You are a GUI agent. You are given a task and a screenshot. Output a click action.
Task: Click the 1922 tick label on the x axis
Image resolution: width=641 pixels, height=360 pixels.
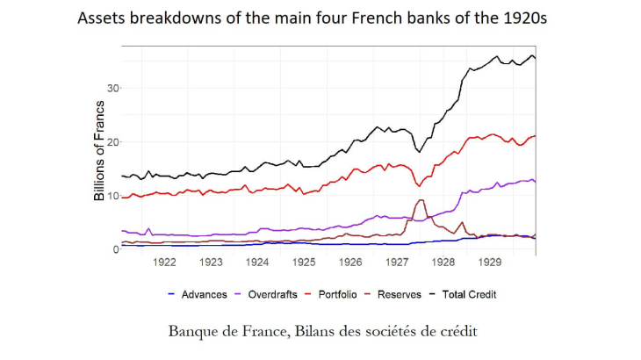coord(164,262)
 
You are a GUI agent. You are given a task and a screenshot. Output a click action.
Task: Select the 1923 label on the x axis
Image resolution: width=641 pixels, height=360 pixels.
coord(211,262)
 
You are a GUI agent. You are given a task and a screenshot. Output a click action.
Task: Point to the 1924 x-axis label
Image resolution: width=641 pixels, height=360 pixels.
coord(257,262)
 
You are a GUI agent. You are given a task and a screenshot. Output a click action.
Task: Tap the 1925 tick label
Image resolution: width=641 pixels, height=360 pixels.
coord(304,262)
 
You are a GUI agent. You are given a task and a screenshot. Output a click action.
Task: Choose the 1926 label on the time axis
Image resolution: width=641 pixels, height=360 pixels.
coord(350,262)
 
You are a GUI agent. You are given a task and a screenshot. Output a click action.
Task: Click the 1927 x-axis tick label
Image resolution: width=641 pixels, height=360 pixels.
coord(397,262)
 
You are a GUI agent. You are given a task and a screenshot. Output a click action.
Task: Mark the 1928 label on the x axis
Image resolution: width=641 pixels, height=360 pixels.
coord(443,262)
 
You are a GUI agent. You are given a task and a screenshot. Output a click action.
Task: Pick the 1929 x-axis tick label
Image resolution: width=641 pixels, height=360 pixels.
coord(490,262)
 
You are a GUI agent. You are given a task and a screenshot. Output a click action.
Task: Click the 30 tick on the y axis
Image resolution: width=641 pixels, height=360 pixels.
coord(112,88)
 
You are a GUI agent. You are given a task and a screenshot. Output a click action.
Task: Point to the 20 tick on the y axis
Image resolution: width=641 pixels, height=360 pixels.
coord(112,141)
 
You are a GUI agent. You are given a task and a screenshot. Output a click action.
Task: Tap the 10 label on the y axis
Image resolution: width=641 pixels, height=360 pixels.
coord(112,195)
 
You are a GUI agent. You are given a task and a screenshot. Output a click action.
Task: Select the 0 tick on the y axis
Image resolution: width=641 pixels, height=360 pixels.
coord(114,249)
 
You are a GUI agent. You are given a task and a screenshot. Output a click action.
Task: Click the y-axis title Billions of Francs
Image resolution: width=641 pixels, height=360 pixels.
coord(99,151)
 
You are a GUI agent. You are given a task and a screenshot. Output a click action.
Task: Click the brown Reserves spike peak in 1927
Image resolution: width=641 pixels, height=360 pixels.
coord(422,200)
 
